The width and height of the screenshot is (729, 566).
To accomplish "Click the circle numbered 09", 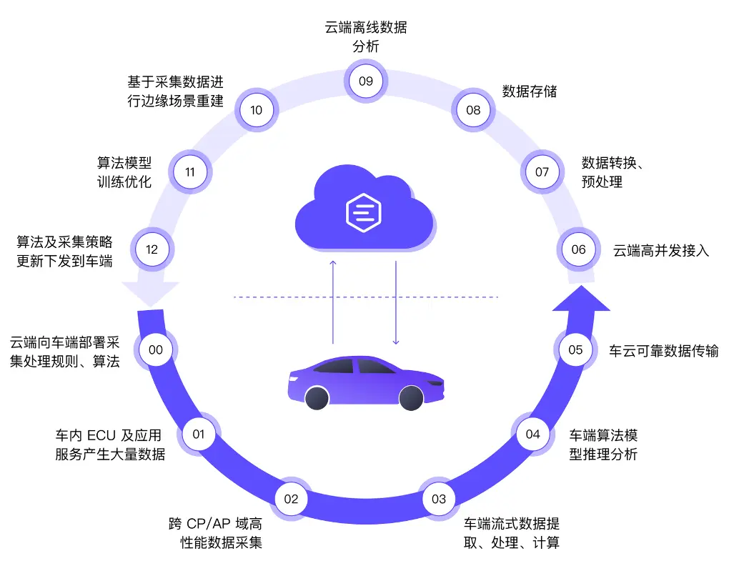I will pos(366,81).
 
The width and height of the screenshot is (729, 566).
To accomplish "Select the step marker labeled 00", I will pos(156,349).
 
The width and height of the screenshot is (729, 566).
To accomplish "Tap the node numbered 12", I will pos(152,249).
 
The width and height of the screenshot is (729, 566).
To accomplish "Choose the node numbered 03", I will pos(439,499).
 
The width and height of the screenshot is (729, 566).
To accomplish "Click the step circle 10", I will pos(257,110).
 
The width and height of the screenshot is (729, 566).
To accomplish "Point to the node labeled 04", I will pos(533,434).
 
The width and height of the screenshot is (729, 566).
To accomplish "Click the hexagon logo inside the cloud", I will pos(364,212).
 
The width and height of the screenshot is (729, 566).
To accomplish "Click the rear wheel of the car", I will pos(317,397).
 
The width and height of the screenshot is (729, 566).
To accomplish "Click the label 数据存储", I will pos(529,91).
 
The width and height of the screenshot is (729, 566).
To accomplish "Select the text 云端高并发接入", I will pos(661,250).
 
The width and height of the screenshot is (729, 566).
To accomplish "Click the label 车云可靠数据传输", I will pos(663,350).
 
